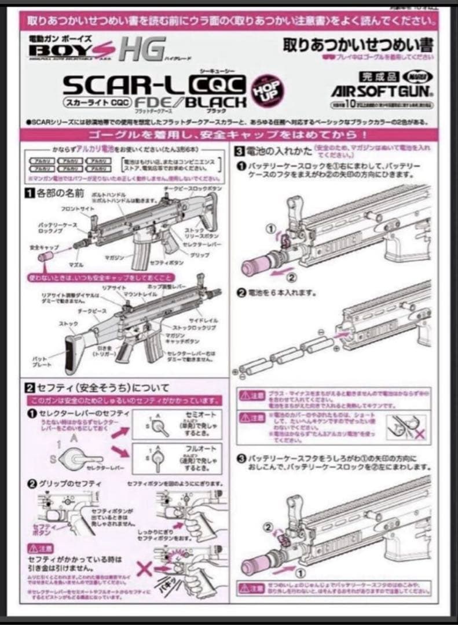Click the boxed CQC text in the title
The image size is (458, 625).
(x=216, y=84)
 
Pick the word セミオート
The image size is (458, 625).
(x=194, y=416)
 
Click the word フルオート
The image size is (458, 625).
(x=194, y=448)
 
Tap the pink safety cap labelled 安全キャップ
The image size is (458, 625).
(x=45, y=257)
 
